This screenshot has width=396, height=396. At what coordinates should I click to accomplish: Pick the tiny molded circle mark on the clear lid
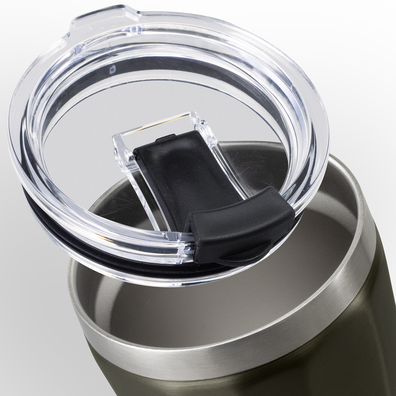pos(113,69)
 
